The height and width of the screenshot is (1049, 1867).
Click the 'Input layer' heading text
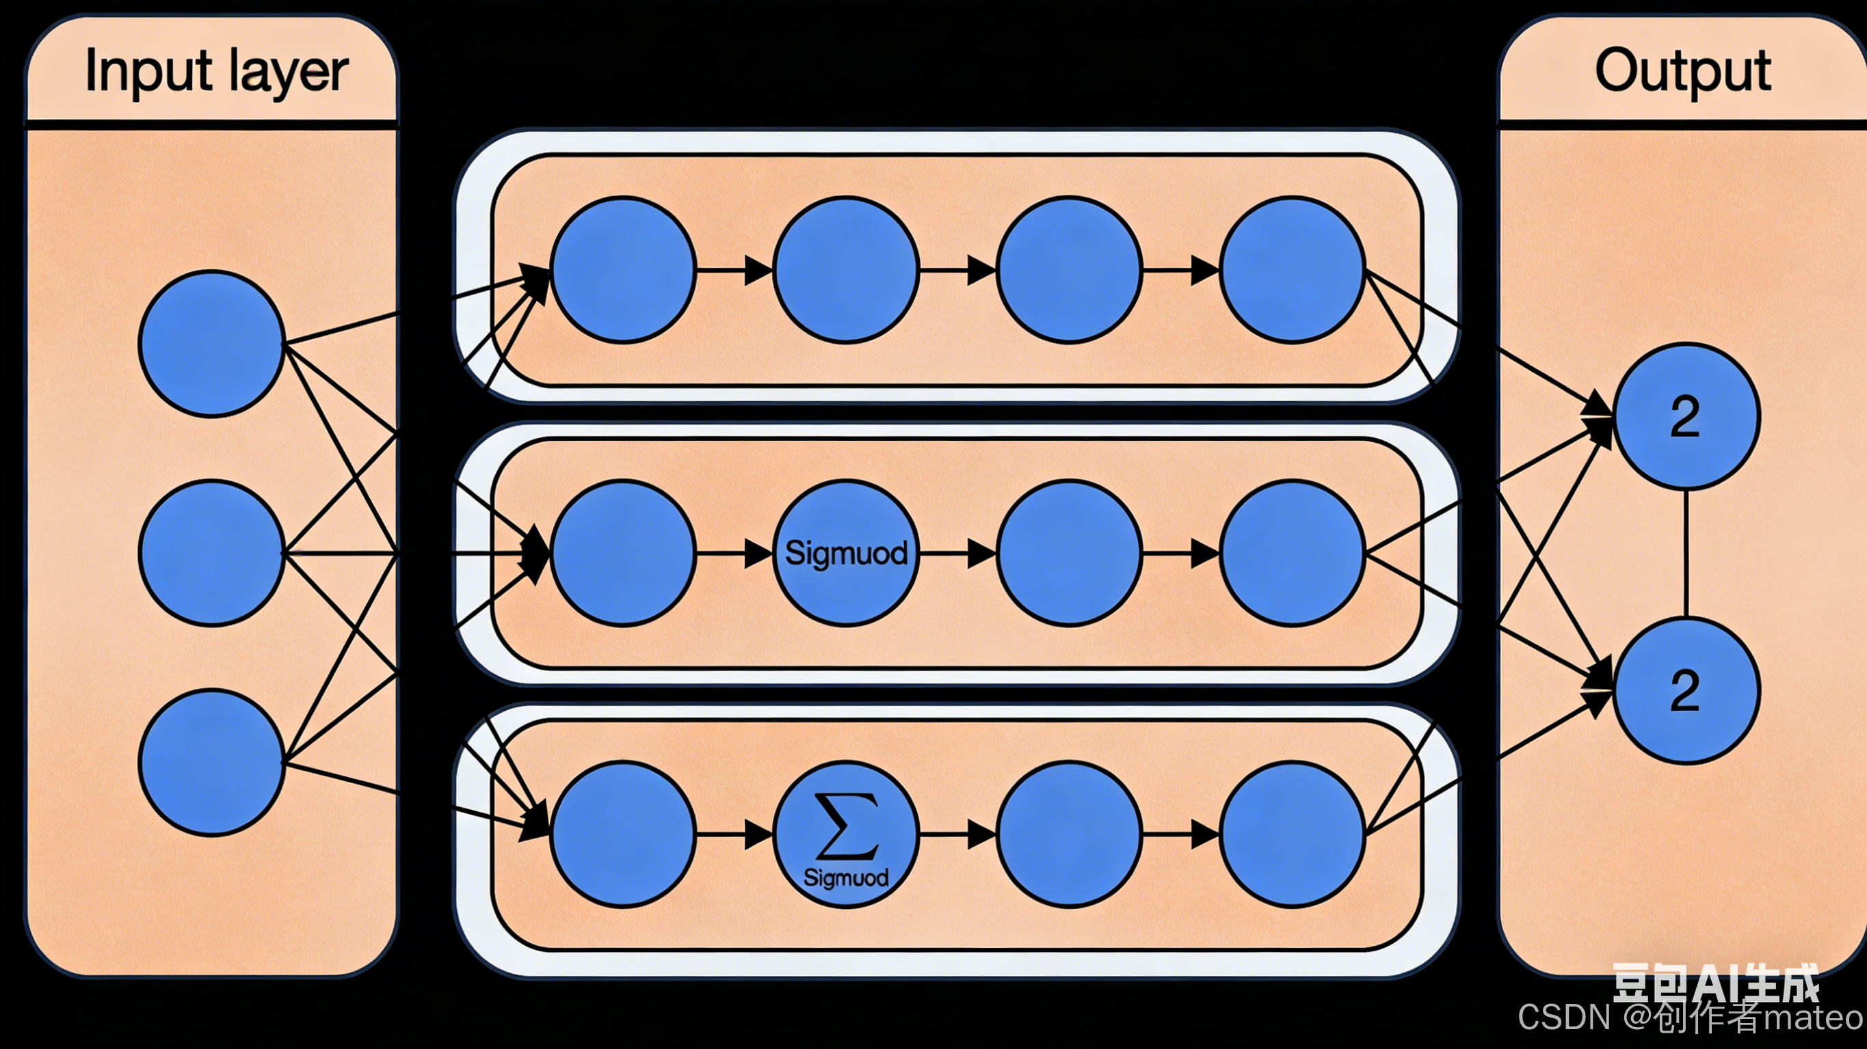[216, 71]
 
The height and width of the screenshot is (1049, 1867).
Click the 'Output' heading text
[1682, 71]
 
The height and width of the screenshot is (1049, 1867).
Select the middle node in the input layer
[211, 553]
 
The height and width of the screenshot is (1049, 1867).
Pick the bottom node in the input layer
[211, 762]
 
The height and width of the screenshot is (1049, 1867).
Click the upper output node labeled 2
[1686, 417]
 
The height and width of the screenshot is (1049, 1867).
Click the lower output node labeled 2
[1686, 690]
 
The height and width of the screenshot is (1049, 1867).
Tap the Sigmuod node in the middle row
[846, 553]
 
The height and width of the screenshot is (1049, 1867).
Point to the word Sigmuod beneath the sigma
[846, 877]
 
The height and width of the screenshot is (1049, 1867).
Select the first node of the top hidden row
[622, 269]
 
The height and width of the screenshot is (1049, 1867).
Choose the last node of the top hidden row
[1293, 269]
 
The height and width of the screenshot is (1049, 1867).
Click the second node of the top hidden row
[846, 269]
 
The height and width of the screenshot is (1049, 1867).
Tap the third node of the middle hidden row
[1069, 553]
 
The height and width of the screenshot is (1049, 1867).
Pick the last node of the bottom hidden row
[1293, 834]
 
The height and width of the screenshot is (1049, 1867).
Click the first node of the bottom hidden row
[622, 834]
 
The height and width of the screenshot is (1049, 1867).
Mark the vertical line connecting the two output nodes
[1686, 554]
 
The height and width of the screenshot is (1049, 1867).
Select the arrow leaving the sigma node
[957, 834]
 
